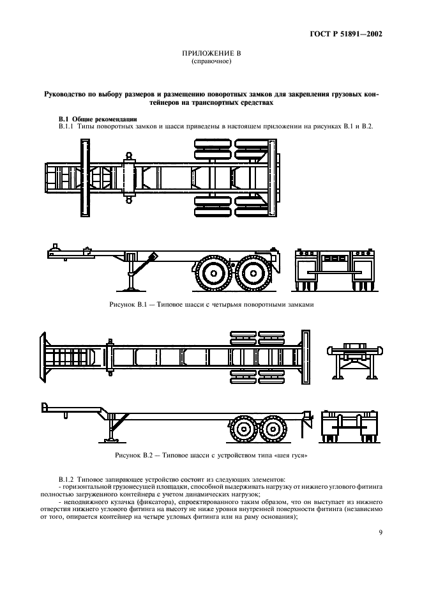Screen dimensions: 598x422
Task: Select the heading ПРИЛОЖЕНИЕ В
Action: pos(211,56)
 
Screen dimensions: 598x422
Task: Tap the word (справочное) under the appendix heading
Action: pos(211,63)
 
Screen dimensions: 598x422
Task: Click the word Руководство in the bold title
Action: pos(70,93)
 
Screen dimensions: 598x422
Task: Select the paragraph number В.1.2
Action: pos(66,479)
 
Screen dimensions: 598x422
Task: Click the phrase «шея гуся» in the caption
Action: pos(293,455)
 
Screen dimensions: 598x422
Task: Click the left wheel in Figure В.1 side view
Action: pos(210,274)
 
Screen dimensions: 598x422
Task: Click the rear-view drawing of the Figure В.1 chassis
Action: pos(334,268)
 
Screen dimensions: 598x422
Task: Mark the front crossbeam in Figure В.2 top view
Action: pos(45,358)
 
